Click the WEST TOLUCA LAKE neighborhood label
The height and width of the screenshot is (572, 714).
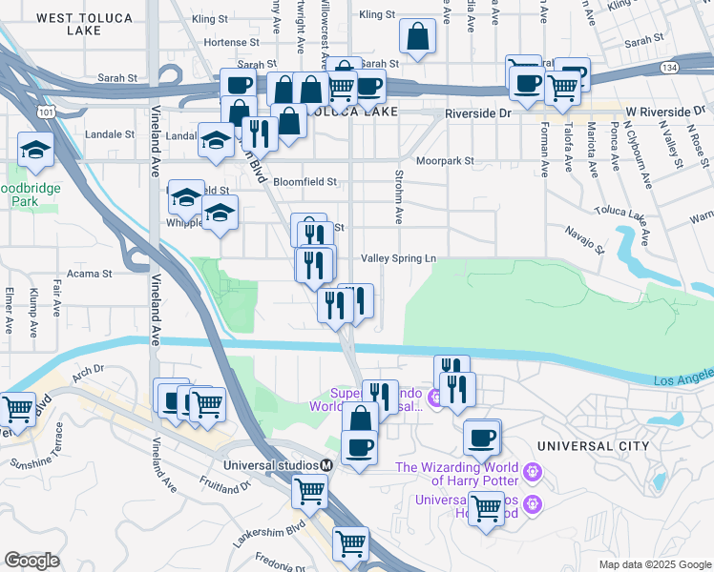click(x=83, y=24)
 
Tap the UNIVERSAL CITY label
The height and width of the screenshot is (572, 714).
click(x=593, y=446)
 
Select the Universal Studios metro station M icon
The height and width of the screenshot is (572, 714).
click(x=325, y=465)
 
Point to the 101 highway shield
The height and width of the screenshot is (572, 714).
click(x=45, y=112)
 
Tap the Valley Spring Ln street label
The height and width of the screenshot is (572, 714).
click(x=398, y=258)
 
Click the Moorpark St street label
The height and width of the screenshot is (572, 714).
click(x=444, y=161)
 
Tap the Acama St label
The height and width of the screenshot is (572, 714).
click(x=90, y=274)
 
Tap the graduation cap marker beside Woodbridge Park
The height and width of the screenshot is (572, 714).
click(x=35, y=148)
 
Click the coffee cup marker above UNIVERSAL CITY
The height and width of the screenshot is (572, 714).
click(x=483, y=438)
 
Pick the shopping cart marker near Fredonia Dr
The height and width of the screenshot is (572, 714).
click(x=350, y=543)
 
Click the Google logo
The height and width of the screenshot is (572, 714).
click(x=31, y=561)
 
